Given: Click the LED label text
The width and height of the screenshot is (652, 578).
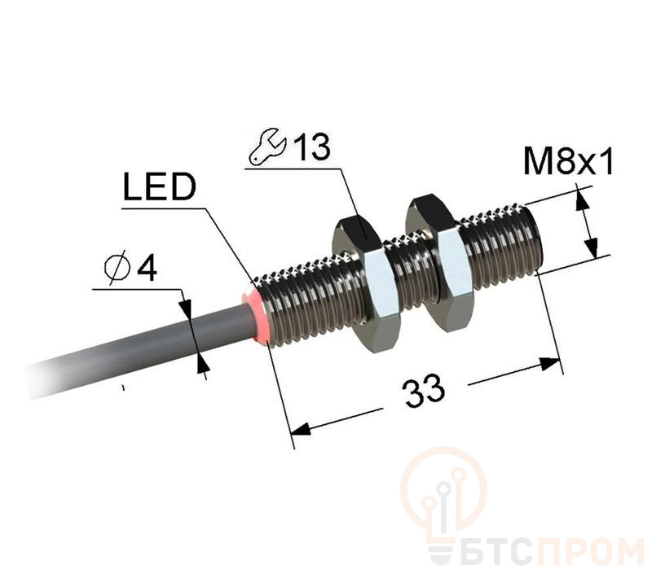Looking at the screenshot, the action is tap(160, 188).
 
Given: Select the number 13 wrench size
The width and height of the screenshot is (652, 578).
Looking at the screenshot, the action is tap(312, 147).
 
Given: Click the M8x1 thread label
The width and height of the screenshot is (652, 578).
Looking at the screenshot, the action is tap(568, 161).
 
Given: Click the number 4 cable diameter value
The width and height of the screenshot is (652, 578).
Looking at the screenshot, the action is tap(147, 268).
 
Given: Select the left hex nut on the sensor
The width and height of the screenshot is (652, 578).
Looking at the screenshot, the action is tap(363, 283).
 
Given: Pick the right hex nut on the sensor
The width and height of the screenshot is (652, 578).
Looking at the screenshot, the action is tap(439, 264).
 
